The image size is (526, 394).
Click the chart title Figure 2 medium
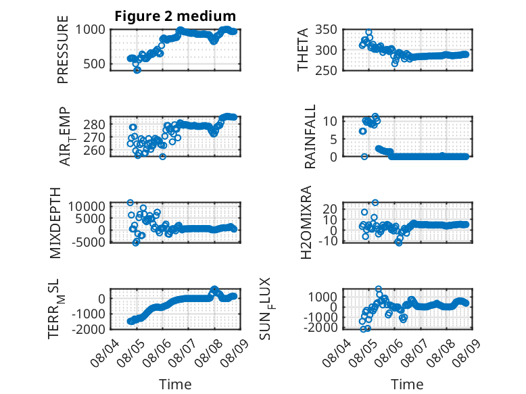tap(175, 16)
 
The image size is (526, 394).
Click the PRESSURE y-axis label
tap(63, 49)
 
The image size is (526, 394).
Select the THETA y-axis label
tap(303, 49)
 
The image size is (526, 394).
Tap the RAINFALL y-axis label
tap(310, 137)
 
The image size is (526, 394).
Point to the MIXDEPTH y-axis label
tap(55, 223)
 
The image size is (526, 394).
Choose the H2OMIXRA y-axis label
tap(306, 222)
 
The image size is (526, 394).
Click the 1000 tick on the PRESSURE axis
tap(90, 30)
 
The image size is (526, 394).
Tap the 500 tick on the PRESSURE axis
tap(94, 64)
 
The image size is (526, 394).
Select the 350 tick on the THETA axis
tap(326, 30)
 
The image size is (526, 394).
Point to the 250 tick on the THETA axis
tap(326, 70)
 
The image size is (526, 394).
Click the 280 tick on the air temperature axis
tap(94, 124)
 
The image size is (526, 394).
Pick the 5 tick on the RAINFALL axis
tap(333, 139)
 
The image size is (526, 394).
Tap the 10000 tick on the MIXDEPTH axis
tap(87, 206)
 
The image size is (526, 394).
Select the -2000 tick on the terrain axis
tap(88, 329)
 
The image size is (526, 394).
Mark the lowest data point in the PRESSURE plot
tap(137, 70)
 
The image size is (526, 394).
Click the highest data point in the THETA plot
tap(368, 32)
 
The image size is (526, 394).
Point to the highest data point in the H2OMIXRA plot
tap(375, 203)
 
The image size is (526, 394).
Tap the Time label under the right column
tap(407, 385)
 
